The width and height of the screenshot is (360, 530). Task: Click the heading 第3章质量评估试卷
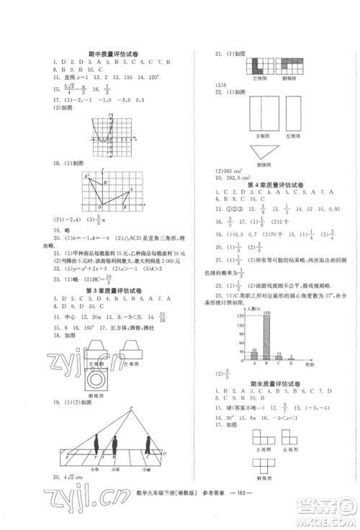coord(112,290)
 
